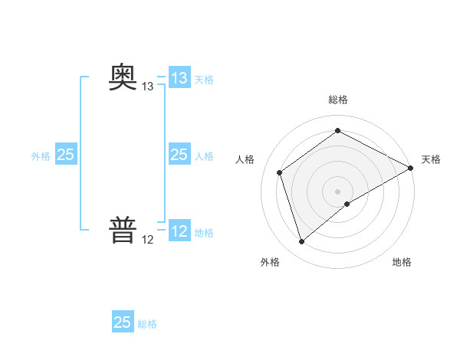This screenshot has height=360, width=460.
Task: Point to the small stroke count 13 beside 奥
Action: click(148, 87)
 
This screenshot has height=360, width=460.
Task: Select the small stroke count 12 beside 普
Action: click(148, 240)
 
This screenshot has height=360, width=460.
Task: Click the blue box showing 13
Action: click(179, 78)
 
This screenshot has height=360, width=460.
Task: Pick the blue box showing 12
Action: click(179, 231)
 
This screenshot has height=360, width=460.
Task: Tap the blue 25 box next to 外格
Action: click(65, 155)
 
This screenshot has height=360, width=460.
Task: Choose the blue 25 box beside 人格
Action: click(179, 155)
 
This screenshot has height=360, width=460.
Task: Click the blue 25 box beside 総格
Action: click(123, 322)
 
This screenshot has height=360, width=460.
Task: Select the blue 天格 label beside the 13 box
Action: click(204, 80)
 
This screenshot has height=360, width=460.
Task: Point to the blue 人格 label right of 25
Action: click(204, 156)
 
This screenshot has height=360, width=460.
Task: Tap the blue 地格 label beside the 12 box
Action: click(204, 233)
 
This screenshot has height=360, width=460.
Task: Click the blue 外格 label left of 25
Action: click(41, 156)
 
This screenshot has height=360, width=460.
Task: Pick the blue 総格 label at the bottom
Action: click(147, 324)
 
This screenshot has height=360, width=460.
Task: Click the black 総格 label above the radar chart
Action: click(337, 100)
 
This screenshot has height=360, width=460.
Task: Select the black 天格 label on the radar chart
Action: click(431, 159)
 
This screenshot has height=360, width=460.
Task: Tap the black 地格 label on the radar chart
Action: click(402, 263)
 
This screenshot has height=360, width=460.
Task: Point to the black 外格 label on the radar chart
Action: click(270, 263)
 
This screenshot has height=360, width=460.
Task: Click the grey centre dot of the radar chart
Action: click(337, 191)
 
